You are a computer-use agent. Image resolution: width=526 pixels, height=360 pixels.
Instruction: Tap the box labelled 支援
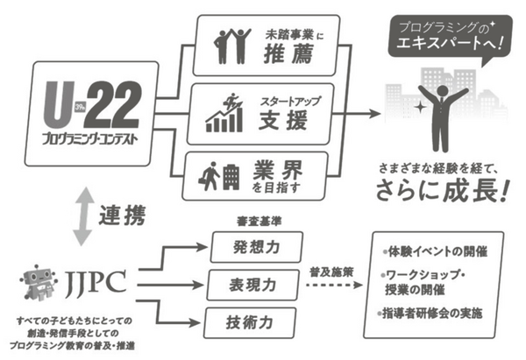click(x=259, y=110)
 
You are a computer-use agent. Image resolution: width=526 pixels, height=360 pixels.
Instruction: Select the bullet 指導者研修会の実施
click(x=434, y=313)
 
